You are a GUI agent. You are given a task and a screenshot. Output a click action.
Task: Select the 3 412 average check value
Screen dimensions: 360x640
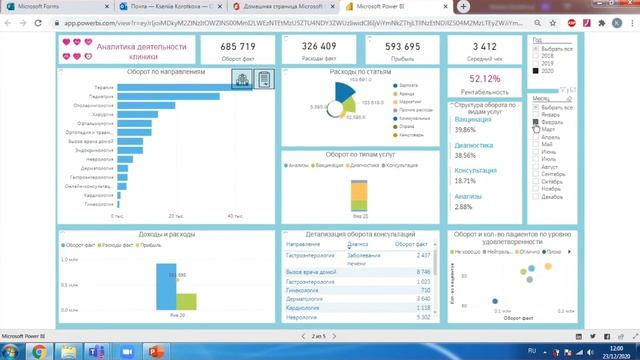pyautogui.click(x=484, y=47)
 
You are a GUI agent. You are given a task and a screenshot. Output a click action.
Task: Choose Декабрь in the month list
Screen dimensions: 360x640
pyautogui.click(x=536, y=196)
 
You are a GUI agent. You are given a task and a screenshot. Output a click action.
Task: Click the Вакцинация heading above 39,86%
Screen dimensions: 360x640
pyautogui.click(x=473, y=119)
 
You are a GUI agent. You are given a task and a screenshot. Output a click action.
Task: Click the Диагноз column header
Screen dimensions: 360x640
pyautogui.click(x=357, y=244)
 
